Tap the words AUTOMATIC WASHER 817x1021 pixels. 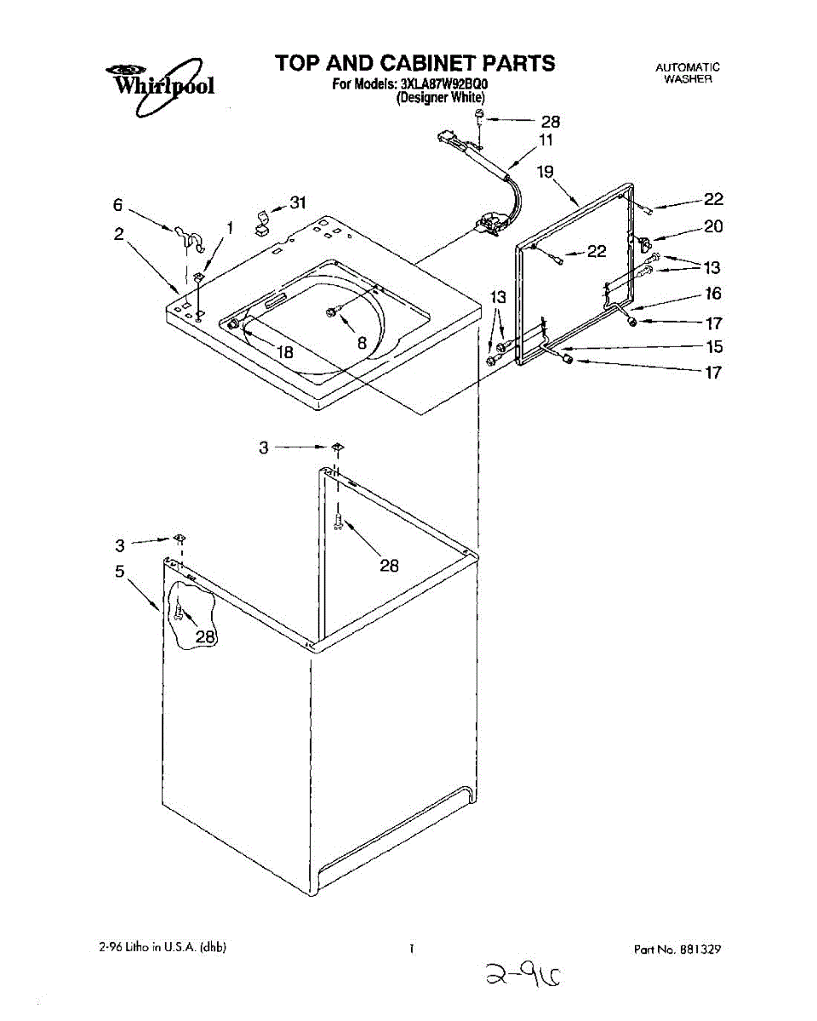[x=688, y=72]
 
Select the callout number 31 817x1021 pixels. [x=297, y=202]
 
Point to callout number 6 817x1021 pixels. [x=118, y=204]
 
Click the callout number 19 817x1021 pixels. [x=546, y=172]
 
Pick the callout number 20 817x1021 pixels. [x=712, y=226]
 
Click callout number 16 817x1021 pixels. [x=712, y=294]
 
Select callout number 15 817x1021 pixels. [x=714, y=346]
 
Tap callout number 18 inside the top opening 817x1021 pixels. [x=283, y=351]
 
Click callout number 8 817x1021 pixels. [x=362, y=343]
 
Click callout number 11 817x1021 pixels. [x=546, y=140]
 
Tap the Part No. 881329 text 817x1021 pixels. [x=677, y=948]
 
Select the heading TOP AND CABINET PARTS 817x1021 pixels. [x=414, y=63]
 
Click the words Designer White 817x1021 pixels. [x=441, y=97]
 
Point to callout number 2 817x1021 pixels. [x=120, y=233]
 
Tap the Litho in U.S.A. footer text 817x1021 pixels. [x=162, y=947]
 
